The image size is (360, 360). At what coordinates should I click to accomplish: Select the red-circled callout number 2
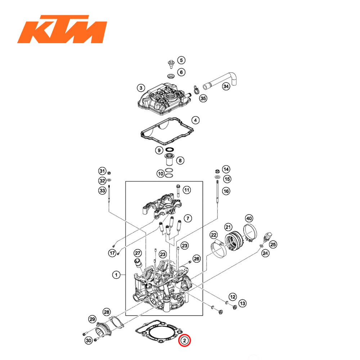tap(184, 340)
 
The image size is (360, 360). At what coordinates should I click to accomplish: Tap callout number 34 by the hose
tap(226, 87)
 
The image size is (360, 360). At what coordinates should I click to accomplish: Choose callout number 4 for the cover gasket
tap(195, 120)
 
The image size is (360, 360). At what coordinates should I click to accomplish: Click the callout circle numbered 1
tap(116, 275)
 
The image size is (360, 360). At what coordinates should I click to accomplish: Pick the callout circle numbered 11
tap(186, 190)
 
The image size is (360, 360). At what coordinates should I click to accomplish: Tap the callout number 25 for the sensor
tap(273, 244)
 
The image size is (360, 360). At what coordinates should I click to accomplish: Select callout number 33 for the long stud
tap(102, 190)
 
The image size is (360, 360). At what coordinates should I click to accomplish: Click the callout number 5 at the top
tap(181, 60)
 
